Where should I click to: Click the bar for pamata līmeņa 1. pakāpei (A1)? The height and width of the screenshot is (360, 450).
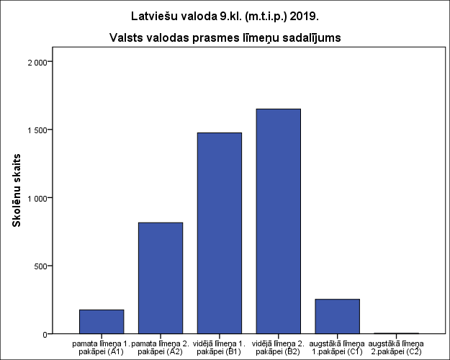tap(102, 321)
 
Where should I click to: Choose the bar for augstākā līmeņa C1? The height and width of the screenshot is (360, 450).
tap(337, 316)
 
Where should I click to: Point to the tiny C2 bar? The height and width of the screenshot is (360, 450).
tap(396, 333)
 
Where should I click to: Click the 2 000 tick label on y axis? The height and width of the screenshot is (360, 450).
tap(36, 62)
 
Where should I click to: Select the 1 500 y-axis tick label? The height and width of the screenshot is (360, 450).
tap(36, 130)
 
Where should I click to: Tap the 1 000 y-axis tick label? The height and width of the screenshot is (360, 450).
tap(36, 198)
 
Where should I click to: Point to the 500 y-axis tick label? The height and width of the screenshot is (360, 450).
tap(39, 266)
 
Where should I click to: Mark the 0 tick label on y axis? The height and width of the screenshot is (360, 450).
tap(44, 334)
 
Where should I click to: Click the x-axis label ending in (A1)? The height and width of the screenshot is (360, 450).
tap(102, 347)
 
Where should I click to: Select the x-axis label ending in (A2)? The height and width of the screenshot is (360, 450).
tap(161, 347)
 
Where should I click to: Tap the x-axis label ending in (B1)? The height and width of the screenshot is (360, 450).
tap(220, 347)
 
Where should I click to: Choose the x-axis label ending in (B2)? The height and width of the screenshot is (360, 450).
tap(278, 347)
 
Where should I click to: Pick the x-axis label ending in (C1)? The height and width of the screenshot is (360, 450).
tap(337, 347)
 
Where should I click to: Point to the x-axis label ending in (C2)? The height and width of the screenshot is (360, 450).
tap(396, 347)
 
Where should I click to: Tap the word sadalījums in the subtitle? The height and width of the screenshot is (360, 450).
tap(310, 37)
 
